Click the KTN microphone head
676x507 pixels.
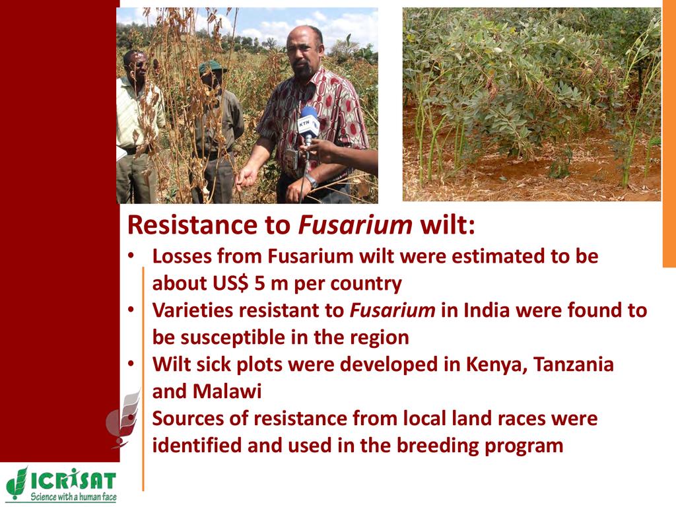pos(309,122)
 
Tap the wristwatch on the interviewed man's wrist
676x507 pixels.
pos(312,181)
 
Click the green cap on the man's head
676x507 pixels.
pos(211,67)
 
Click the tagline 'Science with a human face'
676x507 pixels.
pos(73,496)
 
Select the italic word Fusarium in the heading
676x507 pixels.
pos(355,224)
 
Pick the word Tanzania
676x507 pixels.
pos(574,364)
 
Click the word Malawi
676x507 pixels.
pos(227,391)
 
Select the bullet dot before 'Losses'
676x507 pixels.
pos(131,255)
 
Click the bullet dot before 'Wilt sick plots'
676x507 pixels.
pos(131,364)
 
